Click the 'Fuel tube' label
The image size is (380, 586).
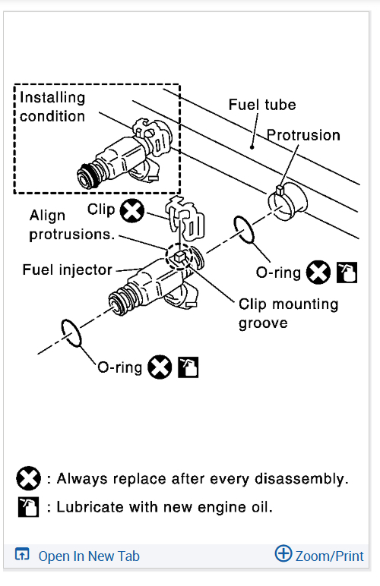(262, 105)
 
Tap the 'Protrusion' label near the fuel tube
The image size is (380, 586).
(303, 135)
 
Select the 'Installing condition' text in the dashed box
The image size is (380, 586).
(52, 106)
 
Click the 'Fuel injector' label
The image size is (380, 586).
(68, 269)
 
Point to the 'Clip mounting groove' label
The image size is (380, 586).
(288, 313)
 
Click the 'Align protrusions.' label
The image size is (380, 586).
(71, 225)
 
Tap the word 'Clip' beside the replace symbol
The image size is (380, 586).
(101, 210)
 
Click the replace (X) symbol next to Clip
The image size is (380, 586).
(132, 211)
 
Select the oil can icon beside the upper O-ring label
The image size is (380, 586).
(347, 272)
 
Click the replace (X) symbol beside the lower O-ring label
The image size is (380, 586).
(160, 367)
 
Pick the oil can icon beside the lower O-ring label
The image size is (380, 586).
(188, 367)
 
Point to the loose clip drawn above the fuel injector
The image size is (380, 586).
(186, 219)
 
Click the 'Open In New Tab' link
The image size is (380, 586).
(89, 556)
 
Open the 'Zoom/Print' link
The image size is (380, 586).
(330, 556)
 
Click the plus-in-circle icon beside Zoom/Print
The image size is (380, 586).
(283, 553)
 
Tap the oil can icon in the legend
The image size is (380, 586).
(28, 507)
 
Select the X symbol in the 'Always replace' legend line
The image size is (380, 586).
(28, 478)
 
